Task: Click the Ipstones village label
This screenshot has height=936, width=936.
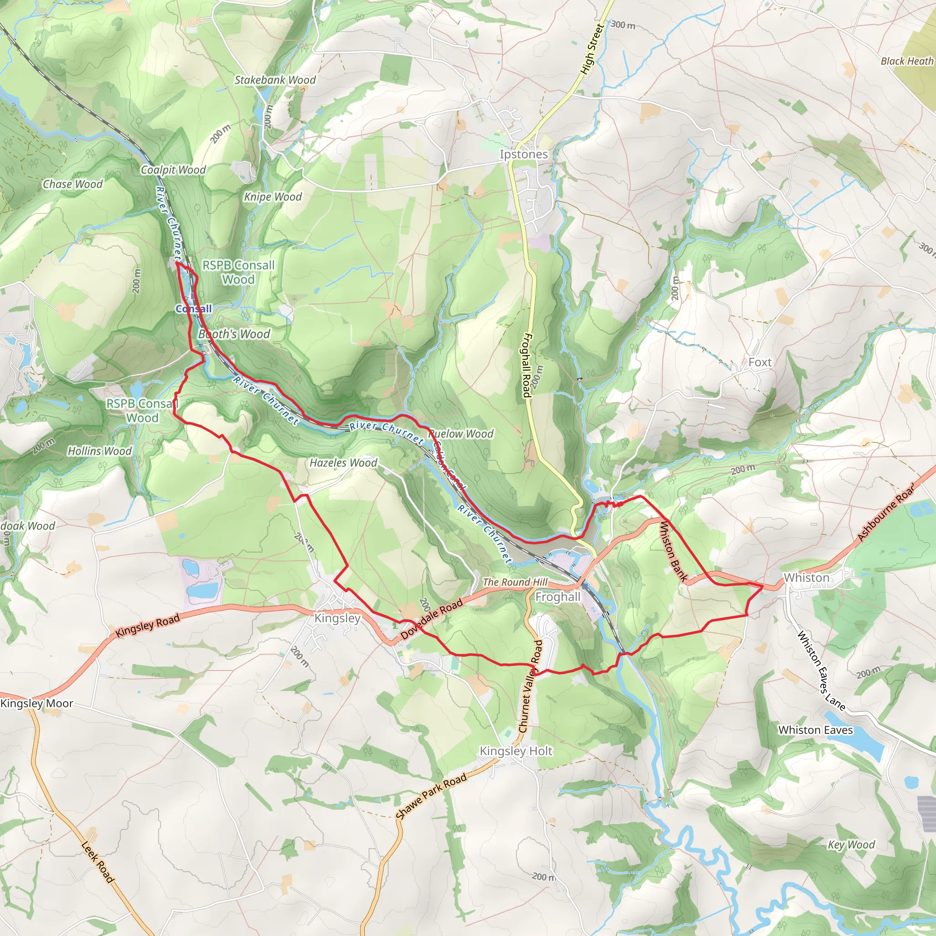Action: click(x=524, y=154)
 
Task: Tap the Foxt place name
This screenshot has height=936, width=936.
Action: click(x=760, y=362)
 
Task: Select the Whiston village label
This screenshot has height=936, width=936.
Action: click(x=807, y=578)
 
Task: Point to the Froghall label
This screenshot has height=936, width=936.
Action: click(x=558, y=597)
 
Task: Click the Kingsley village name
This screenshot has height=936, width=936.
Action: click(x=337, y=618)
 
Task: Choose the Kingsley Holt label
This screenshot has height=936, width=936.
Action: click(x=516, y=751)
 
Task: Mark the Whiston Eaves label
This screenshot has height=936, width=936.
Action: click(x=815, y=730)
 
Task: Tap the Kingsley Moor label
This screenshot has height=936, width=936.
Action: click(x=37, y=703)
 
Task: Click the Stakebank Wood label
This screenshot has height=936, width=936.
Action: click(x=275, y=80)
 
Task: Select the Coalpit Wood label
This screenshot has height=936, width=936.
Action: click(x=173, y=170)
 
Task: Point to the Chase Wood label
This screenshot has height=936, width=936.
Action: click(x=73, y=184)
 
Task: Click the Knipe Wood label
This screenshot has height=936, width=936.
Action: click(x=273, y=197)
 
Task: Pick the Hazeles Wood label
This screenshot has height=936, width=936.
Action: click(x=343, y=463)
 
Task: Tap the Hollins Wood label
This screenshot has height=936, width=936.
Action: click(x=99, y=451)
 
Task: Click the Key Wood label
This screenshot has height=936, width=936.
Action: click(x=851, y=845)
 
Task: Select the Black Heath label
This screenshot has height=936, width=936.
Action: click(x=907, y=61)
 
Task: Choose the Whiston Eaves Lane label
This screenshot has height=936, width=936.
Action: click(x=822, y=670)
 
